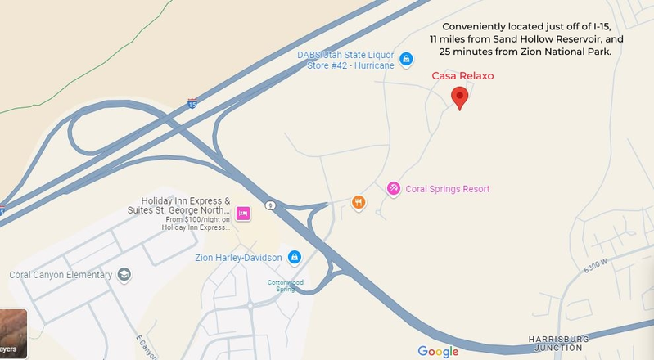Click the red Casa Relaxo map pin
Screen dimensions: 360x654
tap(460, 97)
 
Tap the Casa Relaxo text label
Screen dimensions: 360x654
tap(462, 76)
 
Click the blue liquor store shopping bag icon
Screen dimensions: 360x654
tap(405, 59)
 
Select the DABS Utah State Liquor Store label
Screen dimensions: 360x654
tap(346, 60)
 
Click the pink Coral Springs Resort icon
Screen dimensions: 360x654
tap(393, 189)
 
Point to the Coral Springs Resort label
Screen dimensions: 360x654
tap(447, 189)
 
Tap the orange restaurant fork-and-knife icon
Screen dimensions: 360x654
tap(358, 202)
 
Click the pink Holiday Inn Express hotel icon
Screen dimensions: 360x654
tap(242, 214)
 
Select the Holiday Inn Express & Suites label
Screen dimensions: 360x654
tap(186, 206)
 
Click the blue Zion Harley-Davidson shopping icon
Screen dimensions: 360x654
tap(295, 258)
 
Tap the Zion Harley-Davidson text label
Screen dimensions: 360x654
tap(238, 258)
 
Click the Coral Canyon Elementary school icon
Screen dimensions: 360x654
tap(124, 274)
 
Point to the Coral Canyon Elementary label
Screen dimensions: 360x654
tap(61, 275)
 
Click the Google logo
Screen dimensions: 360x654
tap(438, 351)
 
